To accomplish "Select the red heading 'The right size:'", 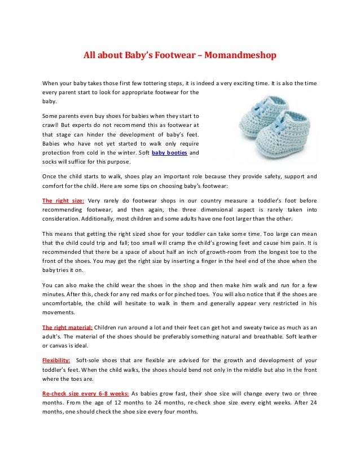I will pos(63,200).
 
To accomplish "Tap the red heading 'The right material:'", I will pos(68,327).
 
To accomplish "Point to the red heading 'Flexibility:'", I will pos(56,359).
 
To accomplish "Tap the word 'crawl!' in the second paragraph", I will pos(51,124).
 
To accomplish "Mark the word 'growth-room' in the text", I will pos(212,252).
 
